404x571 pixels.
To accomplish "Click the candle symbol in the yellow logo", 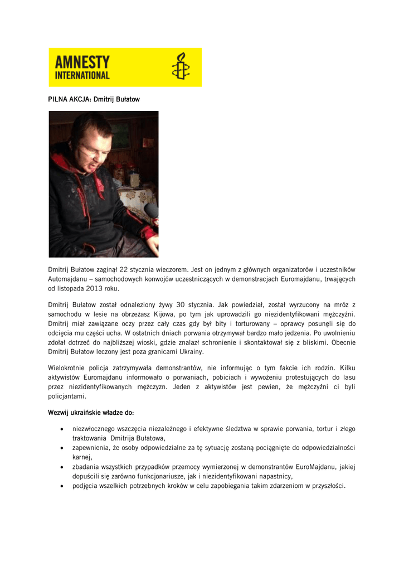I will coord(179,67).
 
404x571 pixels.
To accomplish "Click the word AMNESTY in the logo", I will coord(81,61).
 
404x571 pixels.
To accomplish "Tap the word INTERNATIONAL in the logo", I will coord(81,75).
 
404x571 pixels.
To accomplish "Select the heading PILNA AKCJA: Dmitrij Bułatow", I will coord(94,99).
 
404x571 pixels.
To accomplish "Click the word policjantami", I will coord(67,396).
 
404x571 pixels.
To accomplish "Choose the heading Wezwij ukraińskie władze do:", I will coord(91,413).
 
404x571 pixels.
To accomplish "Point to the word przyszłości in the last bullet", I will coord(328,486).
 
